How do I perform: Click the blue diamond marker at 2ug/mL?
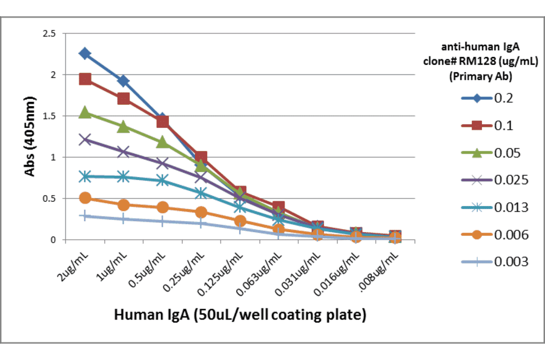point(85,54)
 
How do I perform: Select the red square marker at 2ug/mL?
point(85,79)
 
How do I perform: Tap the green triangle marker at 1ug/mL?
point(124,126)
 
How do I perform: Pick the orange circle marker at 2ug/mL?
point(85,198)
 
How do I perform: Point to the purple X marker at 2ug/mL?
point(85,139)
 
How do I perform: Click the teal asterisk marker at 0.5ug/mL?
point(162,180)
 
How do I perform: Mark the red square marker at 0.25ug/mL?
point(201,157)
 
